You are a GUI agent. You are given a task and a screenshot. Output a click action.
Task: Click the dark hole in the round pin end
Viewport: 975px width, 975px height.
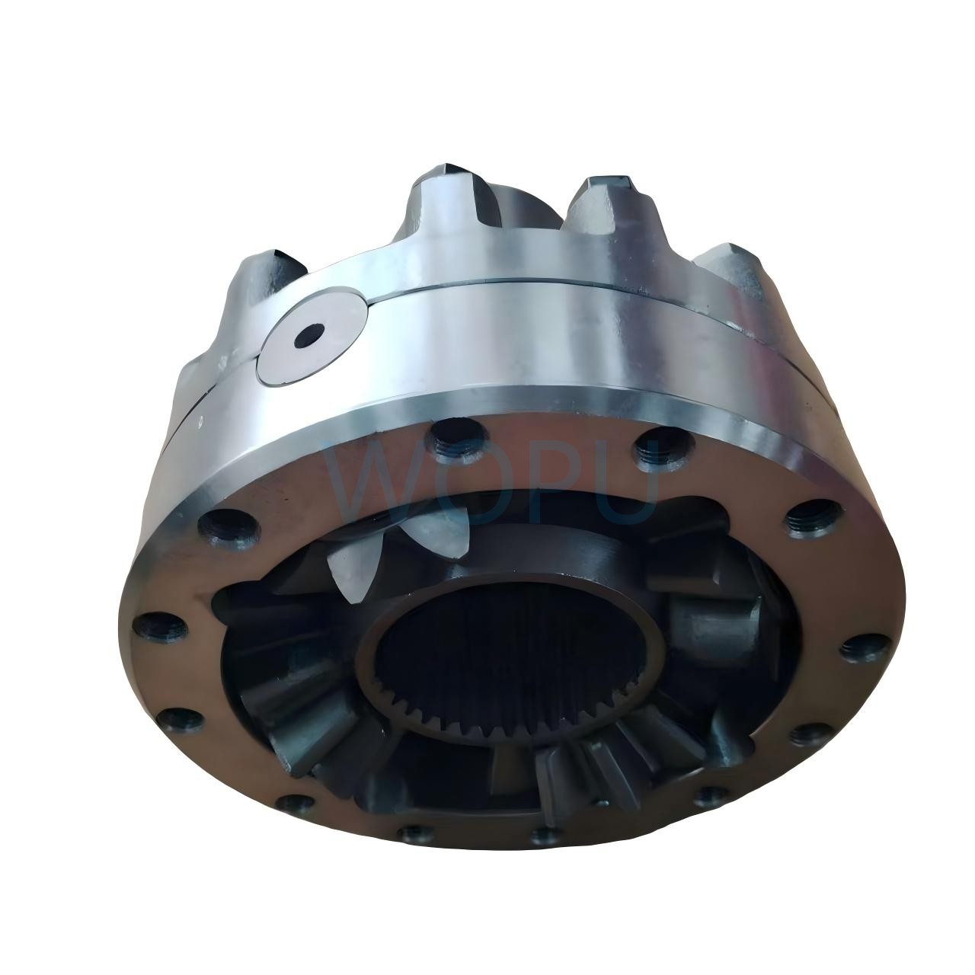tap(309, 334)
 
